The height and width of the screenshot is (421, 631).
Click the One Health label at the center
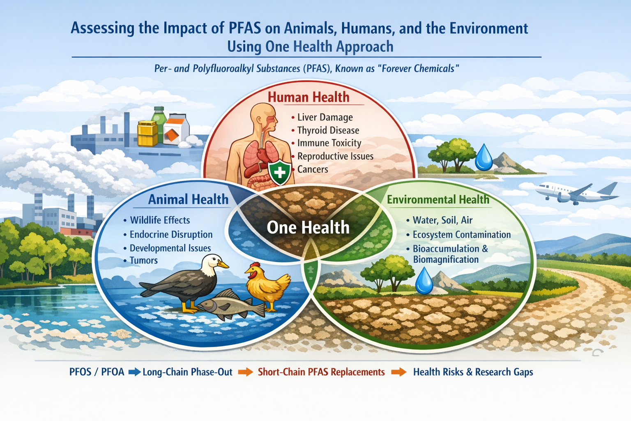coord(308,227)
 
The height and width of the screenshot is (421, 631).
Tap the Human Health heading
coord(309,97)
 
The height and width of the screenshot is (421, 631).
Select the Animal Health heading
coord(188,199)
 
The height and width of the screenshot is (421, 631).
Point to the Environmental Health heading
coord(438,199)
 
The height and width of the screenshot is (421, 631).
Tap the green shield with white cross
coord(279,173)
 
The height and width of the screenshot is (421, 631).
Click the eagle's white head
coord(213,264)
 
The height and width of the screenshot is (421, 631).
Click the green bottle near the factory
coord(159,124)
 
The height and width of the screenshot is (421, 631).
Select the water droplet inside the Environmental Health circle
coord(424,281)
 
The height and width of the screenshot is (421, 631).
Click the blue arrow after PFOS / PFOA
coord(134,372)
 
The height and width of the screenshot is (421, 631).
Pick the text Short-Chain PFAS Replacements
coord(321,372)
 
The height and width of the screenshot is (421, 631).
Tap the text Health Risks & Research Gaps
coord(473,372)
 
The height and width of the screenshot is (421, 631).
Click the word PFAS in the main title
coord(245,28)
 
